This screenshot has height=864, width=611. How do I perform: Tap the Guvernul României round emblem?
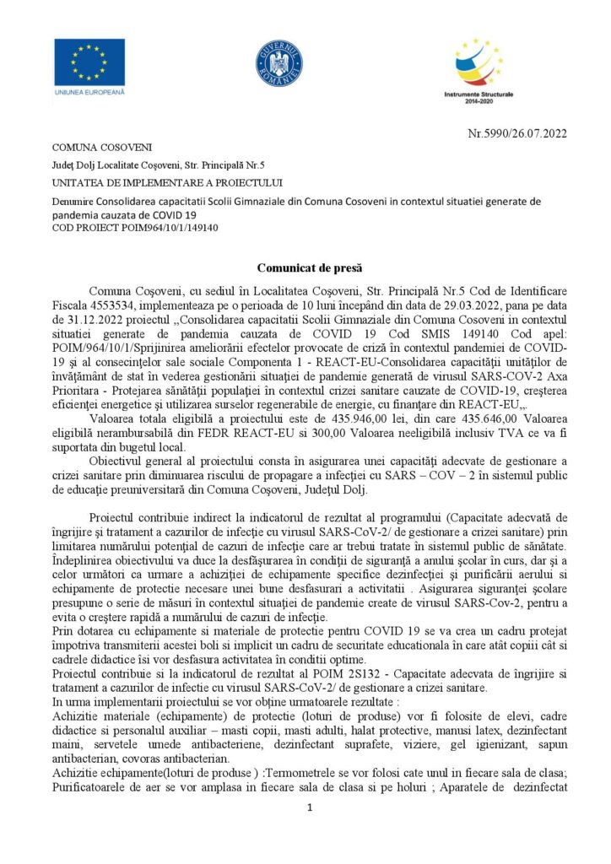click(279, 63)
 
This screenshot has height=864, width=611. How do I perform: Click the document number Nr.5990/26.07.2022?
click(516, 132)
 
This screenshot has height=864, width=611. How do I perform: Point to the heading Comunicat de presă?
click(305, 267)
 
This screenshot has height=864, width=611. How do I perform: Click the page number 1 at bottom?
click(310, 808)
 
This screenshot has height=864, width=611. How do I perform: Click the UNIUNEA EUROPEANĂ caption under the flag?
click(89, 90)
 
